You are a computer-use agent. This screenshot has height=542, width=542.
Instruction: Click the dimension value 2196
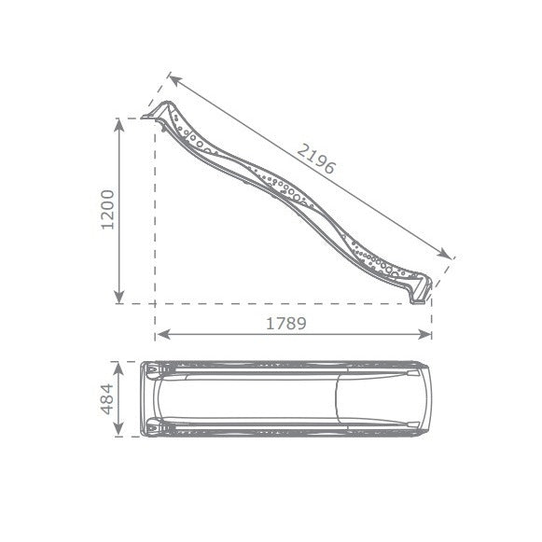pyautogui.click(x=316, y=159)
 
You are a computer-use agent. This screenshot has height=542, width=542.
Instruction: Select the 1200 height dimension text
pyautogui.click(x=107, y=210)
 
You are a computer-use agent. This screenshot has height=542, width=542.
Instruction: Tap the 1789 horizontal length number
pyautogui.click(x=286, y=324)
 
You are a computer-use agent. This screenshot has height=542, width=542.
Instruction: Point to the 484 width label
pyautogui.click(x=107, y=399)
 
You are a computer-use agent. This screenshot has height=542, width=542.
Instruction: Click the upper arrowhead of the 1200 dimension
pyautogui.click(x=119, y=126)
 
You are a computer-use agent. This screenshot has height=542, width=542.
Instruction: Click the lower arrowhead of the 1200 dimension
pyautogui.click(x=119, y=297)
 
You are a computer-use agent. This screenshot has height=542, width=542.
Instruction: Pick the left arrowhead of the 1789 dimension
pyautogui.click(x=162, y=334)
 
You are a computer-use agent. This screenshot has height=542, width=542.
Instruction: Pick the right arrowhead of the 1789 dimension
pyautogui.click(x=424, y=334)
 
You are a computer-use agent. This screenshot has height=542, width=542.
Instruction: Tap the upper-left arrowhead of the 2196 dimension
pyautogui.click(x=174, y=80)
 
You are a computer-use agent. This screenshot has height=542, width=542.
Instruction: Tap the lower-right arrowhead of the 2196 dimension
pyautogui.click(x=444, y=254)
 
